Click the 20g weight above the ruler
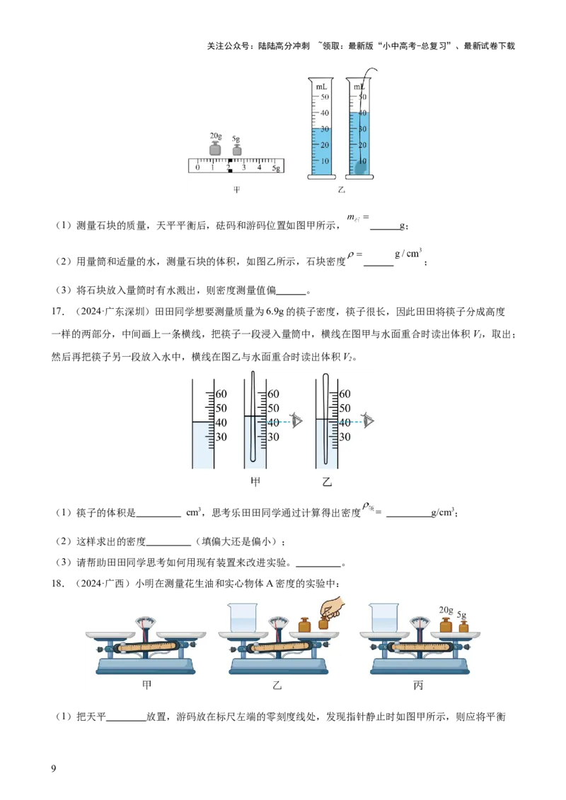pyautogui.click(x=215, y=148)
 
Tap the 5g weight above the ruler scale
pyautogui.click(x=236, y=150)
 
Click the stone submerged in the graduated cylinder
pyautogui.click(x=361, y=167)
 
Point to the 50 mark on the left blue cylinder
pyautogui.click(x=325, y=97)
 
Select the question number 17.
pyautogui.click(x=58, y=312)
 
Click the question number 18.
pyautogui.click(x=58, y=583)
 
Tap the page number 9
pyautogui.click(x=54, y=768)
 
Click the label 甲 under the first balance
pyautogui.click(x=146, y=685)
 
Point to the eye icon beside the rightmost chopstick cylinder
pyautogui.click(x=368, y=420)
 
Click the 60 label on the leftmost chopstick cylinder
pyautogui.click(x=221, y=394)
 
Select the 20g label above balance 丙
pyautogui.click(x=446, y=610)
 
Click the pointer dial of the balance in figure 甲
pyautogui.click(x=146, y=623)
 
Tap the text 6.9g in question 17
pyautogui.click(x=275, y=312)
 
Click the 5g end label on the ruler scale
pyautogui.click(x=276, y=168)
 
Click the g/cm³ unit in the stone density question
pyautogui.click(x=408, y=253)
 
